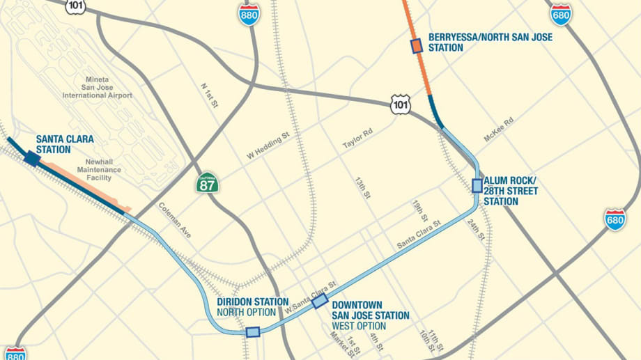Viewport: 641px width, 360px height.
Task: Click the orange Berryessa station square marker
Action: pos(417,46)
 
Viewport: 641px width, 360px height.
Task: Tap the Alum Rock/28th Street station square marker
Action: pos(477,185)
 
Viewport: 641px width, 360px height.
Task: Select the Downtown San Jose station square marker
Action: pos(320,301)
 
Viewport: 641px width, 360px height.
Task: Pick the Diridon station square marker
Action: pos(253,332)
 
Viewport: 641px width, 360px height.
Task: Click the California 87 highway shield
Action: pos(207,183)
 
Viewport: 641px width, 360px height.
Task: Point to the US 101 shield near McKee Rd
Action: pos(400,105)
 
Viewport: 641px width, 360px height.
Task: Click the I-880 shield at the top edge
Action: pos(248,15)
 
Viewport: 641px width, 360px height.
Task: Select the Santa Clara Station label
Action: pos(65,144)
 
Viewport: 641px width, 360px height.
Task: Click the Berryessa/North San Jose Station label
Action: pos(490,42)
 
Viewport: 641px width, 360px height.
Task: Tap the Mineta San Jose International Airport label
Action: pos(107,87)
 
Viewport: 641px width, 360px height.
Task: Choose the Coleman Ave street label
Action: pos(175,221)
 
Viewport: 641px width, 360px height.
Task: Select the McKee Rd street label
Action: pos(499,130)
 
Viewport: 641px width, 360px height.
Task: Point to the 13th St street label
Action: pos(362,188)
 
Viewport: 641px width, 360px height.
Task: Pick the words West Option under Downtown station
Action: pos(360,326)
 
